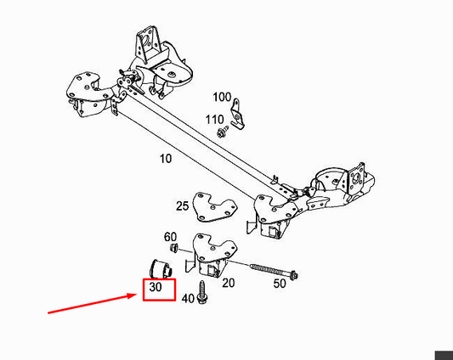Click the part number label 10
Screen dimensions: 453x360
(166, 159)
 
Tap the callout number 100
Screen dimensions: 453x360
(222, 98)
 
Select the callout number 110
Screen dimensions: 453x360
(214, 120)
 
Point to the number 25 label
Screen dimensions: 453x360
(182, 205)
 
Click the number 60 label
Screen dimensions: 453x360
(170, 237)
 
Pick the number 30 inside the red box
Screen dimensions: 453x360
(156, 287)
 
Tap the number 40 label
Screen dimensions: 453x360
(188, 298)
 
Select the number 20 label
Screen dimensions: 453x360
(229, 283)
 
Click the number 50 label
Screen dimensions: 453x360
(280, 284)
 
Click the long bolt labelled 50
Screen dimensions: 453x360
(274, 271)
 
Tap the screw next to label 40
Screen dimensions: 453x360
(201, 292)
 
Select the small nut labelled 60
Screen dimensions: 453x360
(173, 248)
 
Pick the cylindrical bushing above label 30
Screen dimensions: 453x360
(161, 269)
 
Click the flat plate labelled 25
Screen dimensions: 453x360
(215, 207)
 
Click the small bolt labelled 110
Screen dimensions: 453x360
(223, 132)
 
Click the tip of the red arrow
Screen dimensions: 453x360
(136, 294)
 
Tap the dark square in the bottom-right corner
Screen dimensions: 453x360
(444, 356)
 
